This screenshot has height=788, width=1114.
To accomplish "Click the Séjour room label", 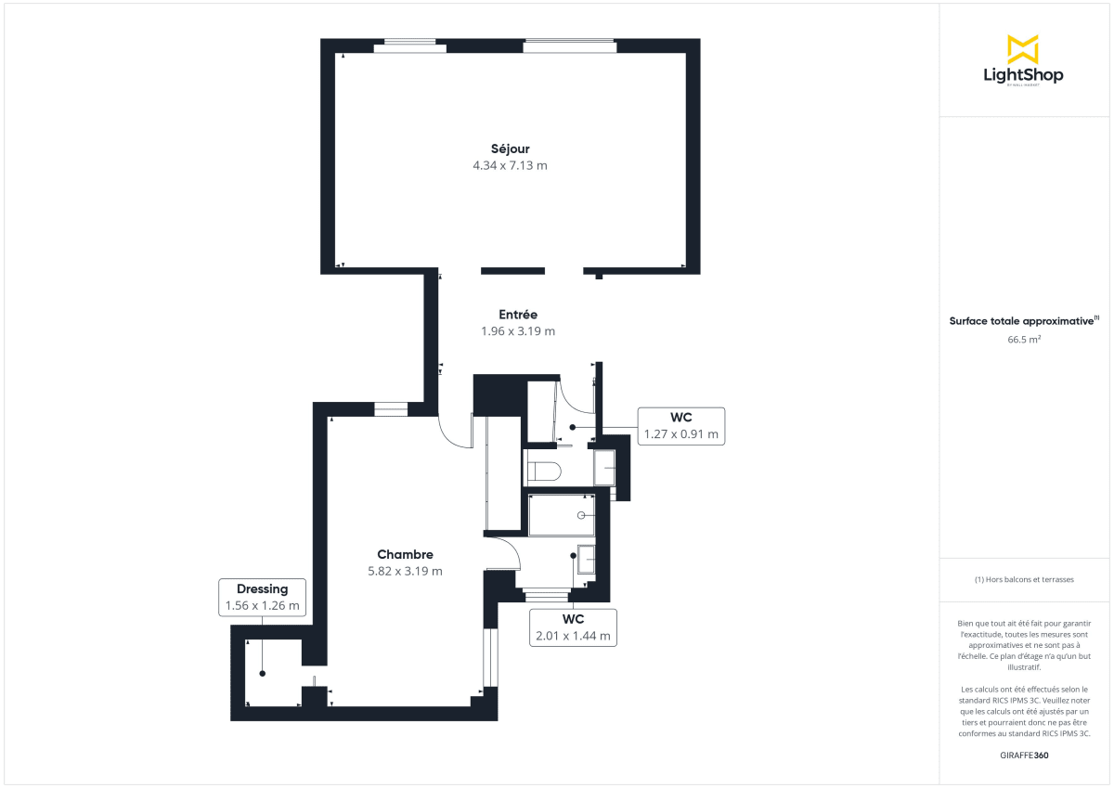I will coord(510,149).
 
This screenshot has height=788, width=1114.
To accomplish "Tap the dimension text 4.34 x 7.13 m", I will coord(510,166).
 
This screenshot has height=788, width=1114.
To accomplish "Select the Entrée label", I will coord(517,315).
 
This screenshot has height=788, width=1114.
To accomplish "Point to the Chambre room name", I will coord(405,555).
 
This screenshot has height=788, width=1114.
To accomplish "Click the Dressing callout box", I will coord(262,598).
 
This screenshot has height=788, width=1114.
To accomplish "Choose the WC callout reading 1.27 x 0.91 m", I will coord(680,425).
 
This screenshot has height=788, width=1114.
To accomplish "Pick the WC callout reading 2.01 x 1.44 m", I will coord(572,627).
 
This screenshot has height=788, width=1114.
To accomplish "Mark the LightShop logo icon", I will coord(1022,49).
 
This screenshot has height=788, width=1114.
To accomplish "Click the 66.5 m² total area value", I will coord(1022,340).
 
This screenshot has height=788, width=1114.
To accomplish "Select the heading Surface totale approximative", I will coord(1021,321).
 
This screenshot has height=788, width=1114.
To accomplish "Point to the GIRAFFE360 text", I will coord(1024,756).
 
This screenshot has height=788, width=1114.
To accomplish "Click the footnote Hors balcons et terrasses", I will coord(1024,579).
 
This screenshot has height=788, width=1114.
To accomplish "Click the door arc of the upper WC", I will coord(577,394).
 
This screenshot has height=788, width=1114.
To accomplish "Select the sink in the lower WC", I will coord(587,560).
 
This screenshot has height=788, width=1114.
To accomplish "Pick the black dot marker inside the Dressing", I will coord(262,673).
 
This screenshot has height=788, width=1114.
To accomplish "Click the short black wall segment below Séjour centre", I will coord(512,271).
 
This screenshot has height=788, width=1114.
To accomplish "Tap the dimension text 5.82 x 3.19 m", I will coord(405,572).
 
